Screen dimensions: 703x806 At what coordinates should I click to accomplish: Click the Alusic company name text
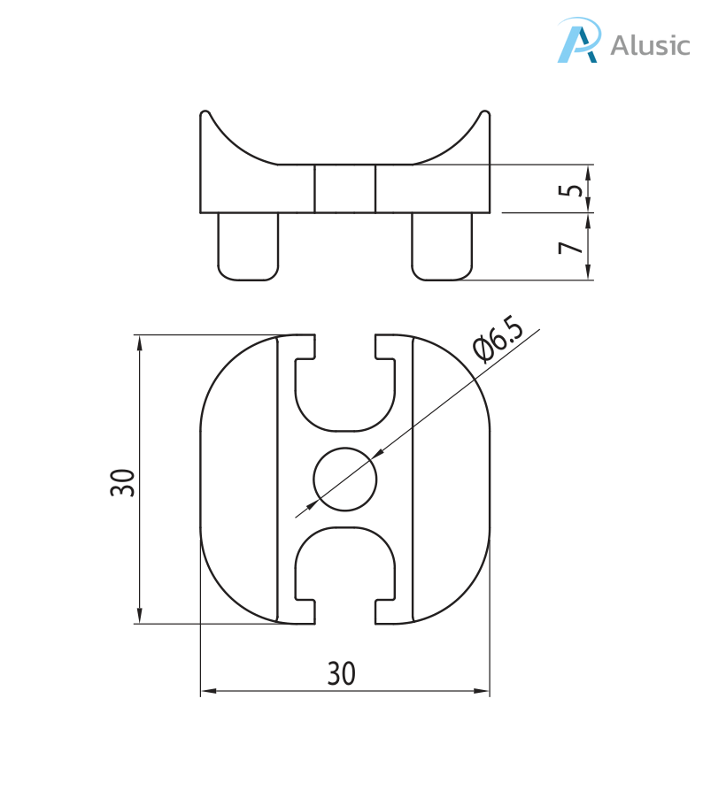[650, 45]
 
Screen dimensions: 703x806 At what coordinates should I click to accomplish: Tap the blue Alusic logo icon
[578, 40]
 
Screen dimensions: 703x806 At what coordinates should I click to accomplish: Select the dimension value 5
[571, 189]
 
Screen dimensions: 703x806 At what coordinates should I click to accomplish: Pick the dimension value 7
[571, 248]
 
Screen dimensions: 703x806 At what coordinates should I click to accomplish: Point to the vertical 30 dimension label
[122, 482]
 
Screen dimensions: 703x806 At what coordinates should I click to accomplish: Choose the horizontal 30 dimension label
[342, 673]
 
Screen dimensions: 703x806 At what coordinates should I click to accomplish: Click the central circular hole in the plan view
[345, 479]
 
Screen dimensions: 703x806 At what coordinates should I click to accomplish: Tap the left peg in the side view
[248, 247]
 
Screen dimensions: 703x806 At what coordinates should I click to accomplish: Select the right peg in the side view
[442, 247]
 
